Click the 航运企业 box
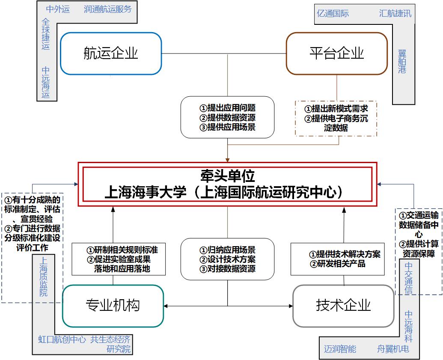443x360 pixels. point(111,54)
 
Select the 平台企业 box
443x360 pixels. point(336,54)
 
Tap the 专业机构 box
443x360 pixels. point(113,306)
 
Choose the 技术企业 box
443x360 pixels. point(343,306)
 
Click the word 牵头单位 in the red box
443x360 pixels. point(227,176)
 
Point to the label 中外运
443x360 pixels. point(58,9)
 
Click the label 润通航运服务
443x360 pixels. point(108,9)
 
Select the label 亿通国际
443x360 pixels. point(333,13)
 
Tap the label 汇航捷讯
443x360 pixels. point(395,13)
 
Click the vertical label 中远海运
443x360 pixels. point(46,82)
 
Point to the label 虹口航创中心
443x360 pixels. point(62,340)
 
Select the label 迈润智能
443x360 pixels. point(340,349)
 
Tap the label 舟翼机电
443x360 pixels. point(393,349)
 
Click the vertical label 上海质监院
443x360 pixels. point(44,276)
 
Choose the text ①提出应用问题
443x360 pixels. point(227,108)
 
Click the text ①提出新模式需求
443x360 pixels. point(336,109)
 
